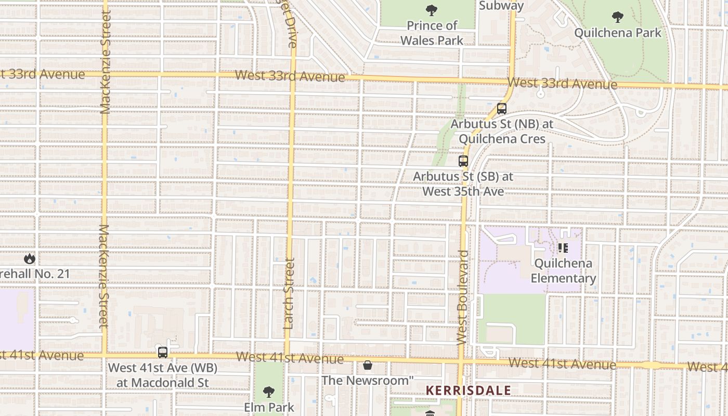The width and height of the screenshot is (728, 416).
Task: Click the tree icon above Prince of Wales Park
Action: (431, 10)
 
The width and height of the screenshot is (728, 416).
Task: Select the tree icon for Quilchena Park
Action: (617, 17)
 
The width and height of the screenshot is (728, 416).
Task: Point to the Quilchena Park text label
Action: (617, 33)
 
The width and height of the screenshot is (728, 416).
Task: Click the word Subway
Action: (501, 6)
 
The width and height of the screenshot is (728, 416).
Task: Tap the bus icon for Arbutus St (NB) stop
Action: (501, 109)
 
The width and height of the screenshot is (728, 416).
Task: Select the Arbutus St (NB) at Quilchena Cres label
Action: (502, 132)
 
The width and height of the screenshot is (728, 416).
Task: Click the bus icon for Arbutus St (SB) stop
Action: (463, 161)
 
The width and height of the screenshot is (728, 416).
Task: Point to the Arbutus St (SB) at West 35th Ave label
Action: (463, 184)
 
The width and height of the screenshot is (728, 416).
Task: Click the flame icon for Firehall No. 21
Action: (30, 258)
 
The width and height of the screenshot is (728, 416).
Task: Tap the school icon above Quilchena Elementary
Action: (563, 248)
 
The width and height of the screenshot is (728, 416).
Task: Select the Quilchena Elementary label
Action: (563, 270)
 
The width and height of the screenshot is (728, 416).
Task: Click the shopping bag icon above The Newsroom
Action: (368, 365)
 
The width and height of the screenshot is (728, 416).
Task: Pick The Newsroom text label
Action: (367, 380)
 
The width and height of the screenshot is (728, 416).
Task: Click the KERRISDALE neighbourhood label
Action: (468, 390)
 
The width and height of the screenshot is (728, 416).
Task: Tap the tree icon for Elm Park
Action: (268, 392)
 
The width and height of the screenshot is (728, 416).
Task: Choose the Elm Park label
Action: (269, 407)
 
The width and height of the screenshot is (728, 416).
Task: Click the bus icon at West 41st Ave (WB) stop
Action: (163, 353)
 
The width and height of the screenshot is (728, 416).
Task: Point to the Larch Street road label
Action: (290, 294)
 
